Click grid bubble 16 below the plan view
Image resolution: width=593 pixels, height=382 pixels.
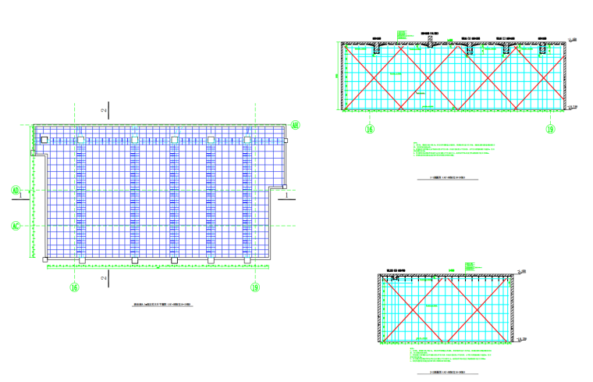(75, 287)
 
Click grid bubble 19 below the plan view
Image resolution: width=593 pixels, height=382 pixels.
(254, 287)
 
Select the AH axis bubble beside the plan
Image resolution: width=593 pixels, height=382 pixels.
(295, 124)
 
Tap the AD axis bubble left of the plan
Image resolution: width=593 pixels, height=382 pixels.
(15, 190)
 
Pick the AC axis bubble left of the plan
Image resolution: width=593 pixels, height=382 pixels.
(15, 227)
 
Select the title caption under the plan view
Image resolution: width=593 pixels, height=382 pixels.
(162, 305)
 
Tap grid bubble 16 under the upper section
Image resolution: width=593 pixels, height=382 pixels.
(371, 129)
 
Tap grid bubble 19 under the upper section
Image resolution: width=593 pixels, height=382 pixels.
(549, 129)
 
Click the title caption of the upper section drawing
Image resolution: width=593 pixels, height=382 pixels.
(448, 178)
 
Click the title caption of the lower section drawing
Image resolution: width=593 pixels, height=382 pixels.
(448, 372)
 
